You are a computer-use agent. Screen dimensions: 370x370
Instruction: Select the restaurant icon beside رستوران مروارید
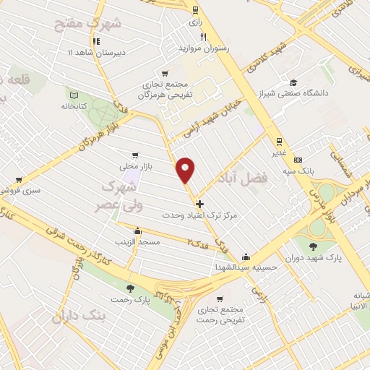click(x=205, y=38)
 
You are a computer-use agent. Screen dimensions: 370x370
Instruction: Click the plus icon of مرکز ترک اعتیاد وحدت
click(x=200, y=204)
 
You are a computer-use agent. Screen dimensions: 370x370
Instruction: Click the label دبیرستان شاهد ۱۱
click(x=97, y=53)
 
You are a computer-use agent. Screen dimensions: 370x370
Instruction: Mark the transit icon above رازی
click(x=195, y=9)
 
